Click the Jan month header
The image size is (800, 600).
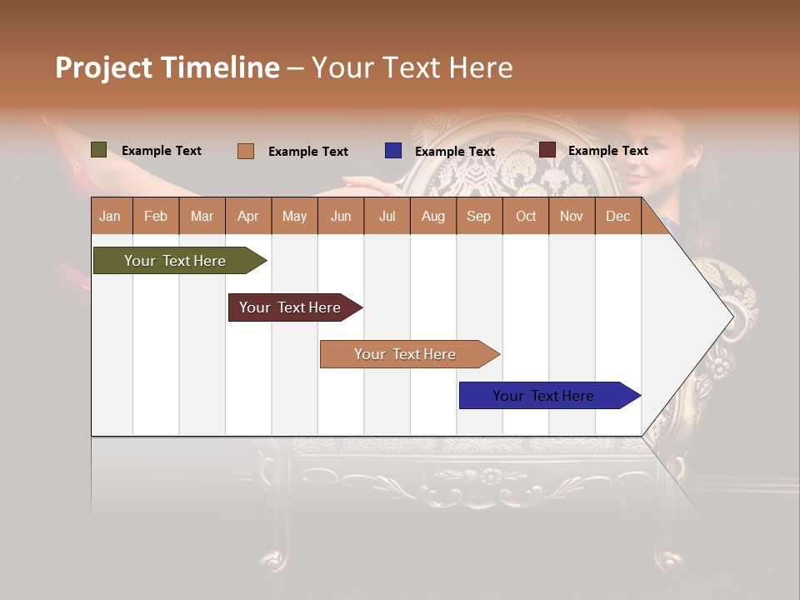[x=110, y=217]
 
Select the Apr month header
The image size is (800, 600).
[x=247, y=217]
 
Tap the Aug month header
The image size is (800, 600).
[x=432, y=217]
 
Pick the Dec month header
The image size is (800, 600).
[x=617, y=217]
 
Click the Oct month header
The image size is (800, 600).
[x=525, y=217]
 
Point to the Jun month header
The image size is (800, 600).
[x=340, y=217]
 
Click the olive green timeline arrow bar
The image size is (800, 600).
[x=175, y=261]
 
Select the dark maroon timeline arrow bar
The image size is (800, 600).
[x=290, y=307]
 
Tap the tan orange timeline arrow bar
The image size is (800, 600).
[x=405, y=354]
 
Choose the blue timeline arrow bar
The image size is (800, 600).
[x=543, y=396]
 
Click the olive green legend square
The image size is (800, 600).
[x=98, y=150]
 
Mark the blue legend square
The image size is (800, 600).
[x=393, y=151]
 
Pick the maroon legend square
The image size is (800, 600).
[x=547, y=150]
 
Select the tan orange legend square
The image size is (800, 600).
[x=246, y=151]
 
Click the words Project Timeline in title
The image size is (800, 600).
[x=167, y=67]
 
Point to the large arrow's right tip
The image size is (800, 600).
[x=732, y=317]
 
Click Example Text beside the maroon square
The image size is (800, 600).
[x=607, y=151]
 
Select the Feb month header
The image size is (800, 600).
[x=155, y=217]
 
